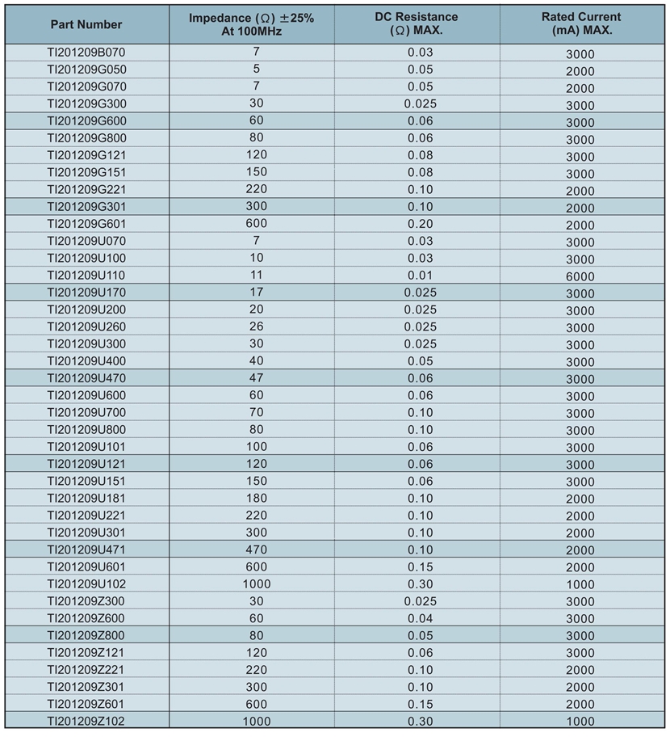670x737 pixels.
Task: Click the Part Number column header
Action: point(86,24)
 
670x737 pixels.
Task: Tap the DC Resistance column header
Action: point(417,23)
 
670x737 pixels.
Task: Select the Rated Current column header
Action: point(581,23)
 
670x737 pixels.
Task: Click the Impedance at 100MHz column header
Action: point(251,23)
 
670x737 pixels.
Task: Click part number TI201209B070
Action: point(86,53)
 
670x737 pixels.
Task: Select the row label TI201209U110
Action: point(86,275)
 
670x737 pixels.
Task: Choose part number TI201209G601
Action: point(86,224)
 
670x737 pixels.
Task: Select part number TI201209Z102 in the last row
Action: point(86,721)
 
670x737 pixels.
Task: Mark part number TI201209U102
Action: point(86,583)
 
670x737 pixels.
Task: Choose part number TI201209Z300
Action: point(86,601)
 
